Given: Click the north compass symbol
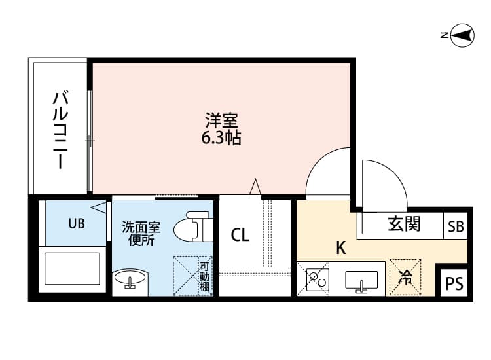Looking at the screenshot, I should [463, 36].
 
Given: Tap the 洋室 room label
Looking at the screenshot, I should [221, 121].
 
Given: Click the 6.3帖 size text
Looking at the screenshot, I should [221, 138].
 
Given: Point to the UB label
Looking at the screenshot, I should [77, 224].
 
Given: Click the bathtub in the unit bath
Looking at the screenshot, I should [72, 268].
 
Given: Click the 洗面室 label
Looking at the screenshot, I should [141, 227].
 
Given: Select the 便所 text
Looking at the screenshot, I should [141, 241].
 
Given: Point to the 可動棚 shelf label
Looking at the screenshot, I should [205, 278].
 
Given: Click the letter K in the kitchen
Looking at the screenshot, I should [340, 248].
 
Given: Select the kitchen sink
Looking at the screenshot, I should [361, 280].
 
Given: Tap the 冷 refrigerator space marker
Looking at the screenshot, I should [405, 278].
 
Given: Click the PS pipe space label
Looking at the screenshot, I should [454, 284].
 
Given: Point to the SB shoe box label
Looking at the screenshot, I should [456, 226].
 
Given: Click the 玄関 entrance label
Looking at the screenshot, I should [404, 224].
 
